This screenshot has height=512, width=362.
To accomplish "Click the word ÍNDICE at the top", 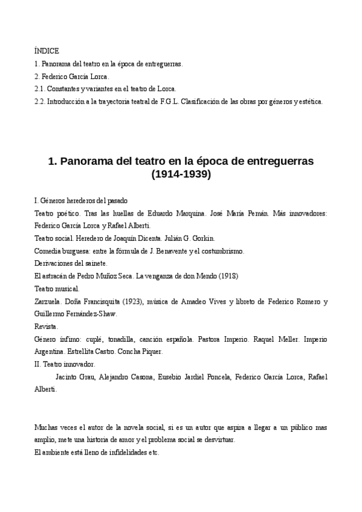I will click(47, 51).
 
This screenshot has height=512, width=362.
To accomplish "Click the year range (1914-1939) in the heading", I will click(181, 175).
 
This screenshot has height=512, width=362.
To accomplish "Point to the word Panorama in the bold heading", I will click(87, 162).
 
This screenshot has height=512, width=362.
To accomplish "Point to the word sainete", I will click(94, 263).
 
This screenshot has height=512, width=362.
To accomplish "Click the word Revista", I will click(47, 327).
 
